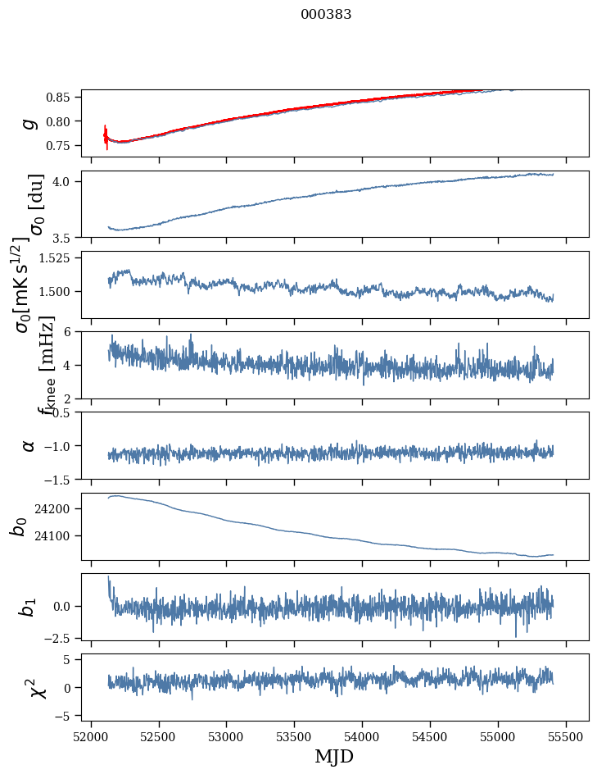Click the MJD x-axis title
(x=334, y=756)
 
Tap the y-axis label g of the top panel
(x=30, y=123)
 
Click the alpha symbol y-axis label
(x=29, y=445)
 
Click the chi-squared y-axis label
(x=34, y=688)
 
